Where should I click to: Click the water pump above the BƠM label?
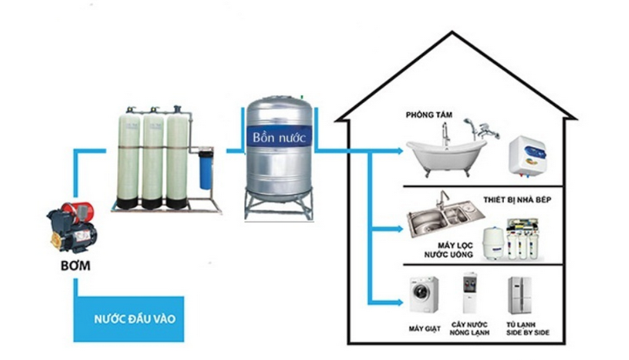tap(70, 224)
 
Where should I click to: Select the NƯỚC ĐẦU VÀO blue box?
tap(130, 318)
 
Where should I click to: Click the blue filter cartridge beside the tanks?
tap(206, 165)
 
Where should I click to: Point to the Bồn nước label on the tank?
tap(278, 137)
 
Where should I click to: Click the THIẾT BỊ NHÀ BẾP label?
tap(517, 202)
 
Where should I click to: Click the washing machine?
tap(424, 297)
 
